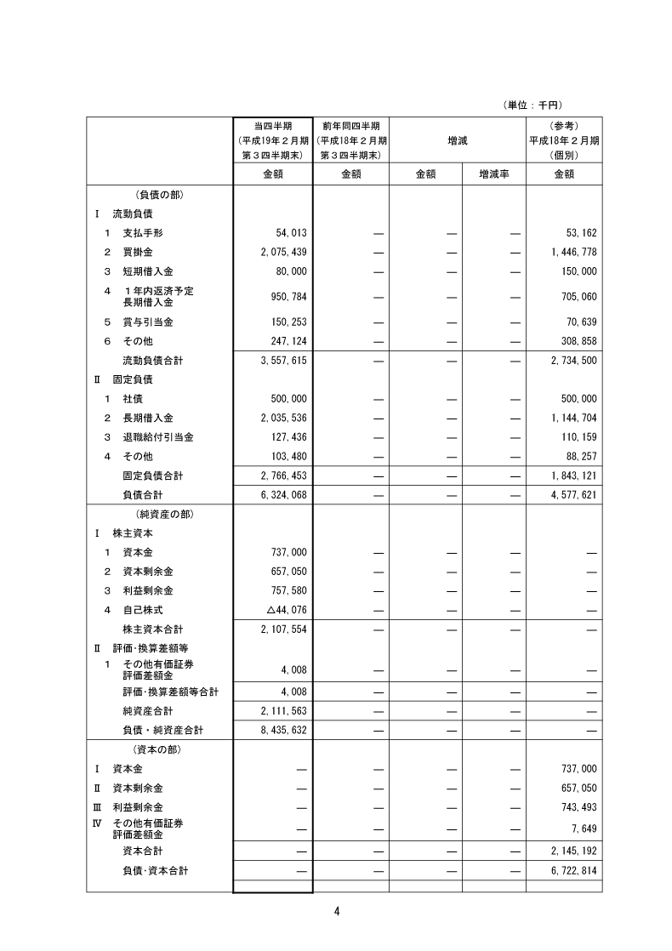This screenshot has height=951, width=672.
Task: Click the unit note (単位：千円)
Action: (533, 105)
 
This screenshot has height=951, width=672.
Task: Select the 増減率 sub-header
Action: (494, 174)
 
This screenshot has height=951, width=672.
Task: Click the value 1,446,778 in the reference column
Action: (569, 253)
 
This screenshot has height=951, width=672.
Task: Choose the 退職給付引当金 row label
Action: (157, 437)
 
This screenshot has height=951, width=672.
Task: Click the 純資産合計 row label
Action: (147, 711)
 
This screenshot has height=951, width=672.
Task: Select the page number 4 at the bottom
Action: (337, 912)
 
